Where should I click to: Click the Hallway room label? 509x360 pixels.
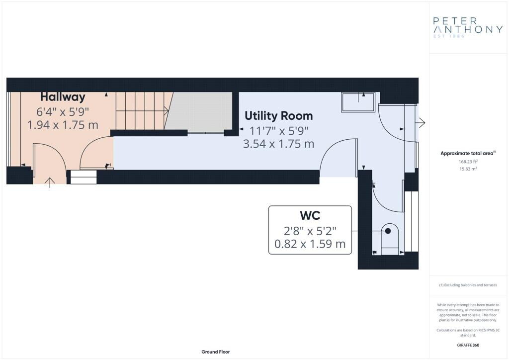tap(63, 97)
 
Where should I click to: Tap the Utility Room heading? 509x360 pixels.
tap(278, 115)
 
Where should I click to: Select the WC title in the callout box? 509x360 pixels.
tap(310, 215)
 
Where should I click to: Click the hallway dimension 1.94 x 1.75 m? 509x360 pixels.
tap(63, 125)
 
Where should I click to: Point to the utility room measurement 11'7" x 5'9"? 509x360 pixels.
tap(278, 130)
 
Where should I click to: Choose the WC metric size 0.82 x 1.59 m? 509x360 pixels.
tap(310, 244)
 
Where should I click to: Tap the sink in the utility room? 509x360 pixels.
tap(358, 102)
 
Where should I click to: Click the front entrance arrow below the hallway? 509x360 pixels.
tap(50, 182)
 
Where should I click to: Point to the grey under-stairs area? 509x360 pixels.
tap(199, 111)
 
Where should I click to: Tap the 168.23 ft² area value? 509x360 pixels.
tap(468, 161)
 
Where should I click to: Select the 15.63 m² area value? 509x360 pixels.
tap(468, 169)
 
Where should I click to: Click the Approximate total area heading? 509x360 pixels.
tap(468, 153)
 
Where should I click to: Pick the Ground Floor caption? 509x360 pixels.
tap(216, 352)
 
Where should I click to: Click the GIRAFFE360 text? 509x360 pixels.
tap(468, 345)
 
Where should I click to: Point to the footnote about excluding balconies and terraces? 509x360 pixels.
tap(468, 285)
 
